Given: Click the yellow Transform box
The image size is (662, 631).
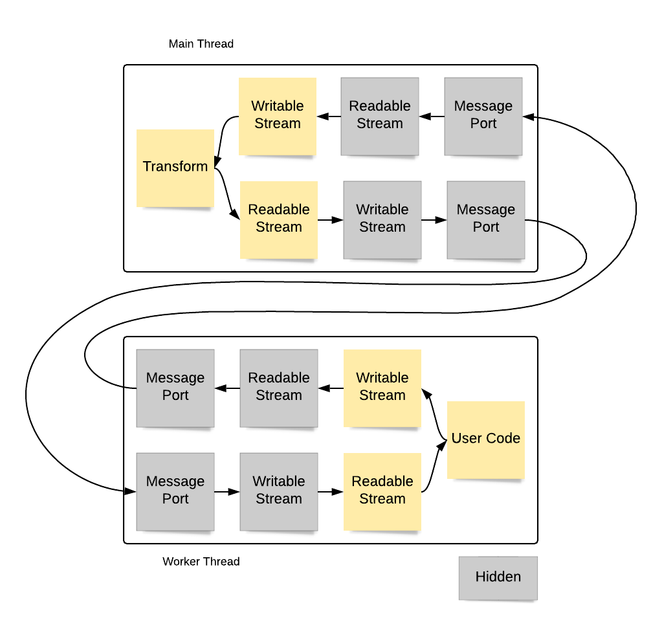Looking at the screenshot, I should point(175,168).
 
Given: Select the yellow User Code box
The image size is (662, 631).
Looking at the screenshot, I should point(485,439).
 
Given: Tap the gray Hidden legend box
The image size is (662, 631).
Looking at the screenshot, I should point(498,577).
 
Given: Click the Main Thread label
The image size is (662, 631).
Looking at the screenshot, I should point(201,44).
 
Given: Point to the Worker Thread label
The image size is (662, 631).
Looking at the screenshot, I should point(201,561).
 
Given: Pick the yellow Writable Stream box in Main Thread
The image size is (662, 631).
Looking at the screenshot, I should point(278,116).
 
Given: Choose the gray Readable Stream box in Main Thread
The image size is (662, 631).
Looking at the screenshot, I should point(380,116).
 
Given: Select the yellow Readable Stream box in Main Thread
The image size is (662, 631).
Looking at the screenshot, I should point(279,219).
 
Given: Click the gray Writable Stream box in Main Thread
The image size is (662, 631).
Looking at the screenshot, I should point(382,219).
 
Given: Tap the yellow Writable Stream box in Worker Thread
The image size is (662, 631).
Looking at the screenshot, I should point(382,388).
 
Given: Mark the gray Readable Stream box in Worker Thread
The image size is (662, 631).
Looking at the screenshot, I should point(279,388).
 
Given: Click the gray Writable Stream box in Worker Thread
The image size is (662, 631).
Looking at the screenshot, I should point(279,491).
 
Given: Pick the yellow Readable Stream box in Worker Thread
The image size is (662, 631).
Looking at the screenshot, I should point(382,491).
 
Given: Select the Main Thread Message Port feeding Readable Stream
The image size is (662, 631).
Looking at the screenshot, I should point(483,116).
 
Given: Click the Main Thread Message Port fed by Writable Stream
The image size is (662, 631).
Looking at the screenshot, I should point(486,219).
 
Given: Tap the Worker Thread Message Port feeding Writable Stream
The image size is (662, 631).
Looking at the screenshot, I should point(175,491).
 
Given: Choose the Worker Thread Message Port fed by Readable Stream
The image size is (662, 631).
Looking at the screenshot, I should point(175,388).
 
